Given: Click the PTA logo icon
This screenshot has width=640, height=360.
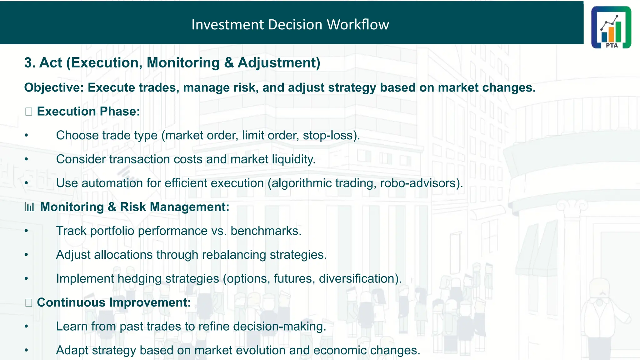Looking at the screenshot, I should [x=611, y=27].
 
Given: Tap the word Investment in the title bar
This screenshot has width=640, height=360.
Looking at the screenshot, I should [x=227, y=25].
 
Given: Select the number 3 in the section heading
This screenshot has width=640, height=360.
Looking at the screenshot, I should [x=28, y=63].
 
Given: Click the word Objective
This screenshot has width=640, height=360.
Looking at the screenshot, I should [x=53, y=88].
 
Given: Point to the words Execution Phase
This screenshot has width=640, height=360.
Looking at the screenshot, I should [x=88, y=112].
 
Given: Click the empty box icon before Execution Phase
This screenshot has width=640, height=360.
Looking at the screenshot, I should [x=28, y=112].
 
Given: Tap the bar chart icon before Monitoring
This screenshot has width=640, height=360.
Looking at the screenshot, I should [x=30, y=207].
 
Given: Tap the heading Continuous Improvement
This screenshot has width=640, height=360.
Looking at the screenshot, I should [x=114, y=302].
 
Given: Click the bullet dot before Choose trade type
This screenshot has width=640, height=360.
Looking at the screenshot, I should [x=27, y=136].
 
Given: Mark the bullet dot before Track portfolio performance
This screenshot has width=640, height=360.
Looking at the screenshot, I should [x=27, y=231].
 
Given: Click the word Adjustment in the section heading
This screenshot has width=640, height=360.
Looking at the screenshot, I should [x=278, y=63].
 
